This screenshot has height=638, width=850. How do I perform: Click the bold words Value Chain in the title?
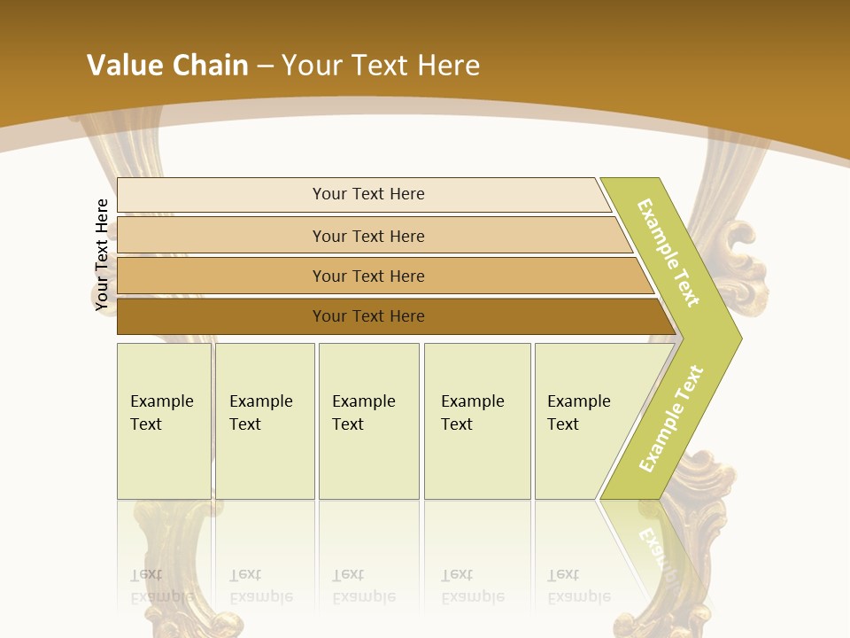coord(167,66)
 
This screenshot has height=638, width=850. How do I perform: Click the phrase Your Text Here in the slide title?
coord(381,66)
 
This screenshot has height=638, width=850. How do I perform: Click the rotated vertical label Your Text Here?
coord(102,254)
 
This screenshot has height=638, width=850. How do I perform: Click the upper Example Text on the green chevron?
coord(668,253)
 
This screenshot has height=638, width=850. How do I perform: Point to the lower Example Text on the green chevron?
coord(671,418)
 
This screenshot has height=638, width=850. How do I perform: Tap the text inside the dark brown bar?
coord(368,316)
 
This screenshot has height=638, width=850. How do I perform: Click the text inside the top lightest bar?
coord(368,194)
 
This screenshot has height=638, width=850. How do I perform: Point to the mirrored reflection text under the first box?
coord(161,587)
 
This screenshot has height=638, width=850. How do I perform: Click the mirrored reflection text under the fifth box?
coord(578,587)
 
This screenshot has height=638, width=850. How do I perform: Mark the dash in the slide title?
coord(265,66)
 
